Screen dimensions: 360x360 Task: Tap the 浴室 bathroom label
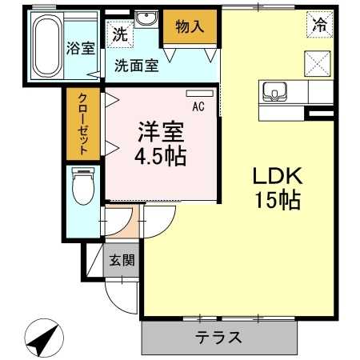81,47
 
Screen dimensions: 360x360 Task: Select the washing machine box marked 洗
119,34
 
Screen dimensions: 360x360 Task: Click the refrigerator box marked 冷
318,25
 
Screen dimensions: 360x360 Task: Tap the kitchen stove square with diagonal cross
318,62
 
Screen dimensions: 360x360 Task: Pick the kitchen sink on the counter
274,93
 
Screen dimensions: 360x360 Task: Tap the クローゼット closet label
83,124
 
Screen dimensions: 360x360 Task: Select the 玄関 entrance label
122,259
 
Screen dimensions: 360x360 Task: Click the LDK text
278,176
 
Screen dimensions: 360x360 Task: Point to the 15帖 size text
278,201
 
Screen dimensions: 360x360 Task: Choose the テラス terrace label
219,337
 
